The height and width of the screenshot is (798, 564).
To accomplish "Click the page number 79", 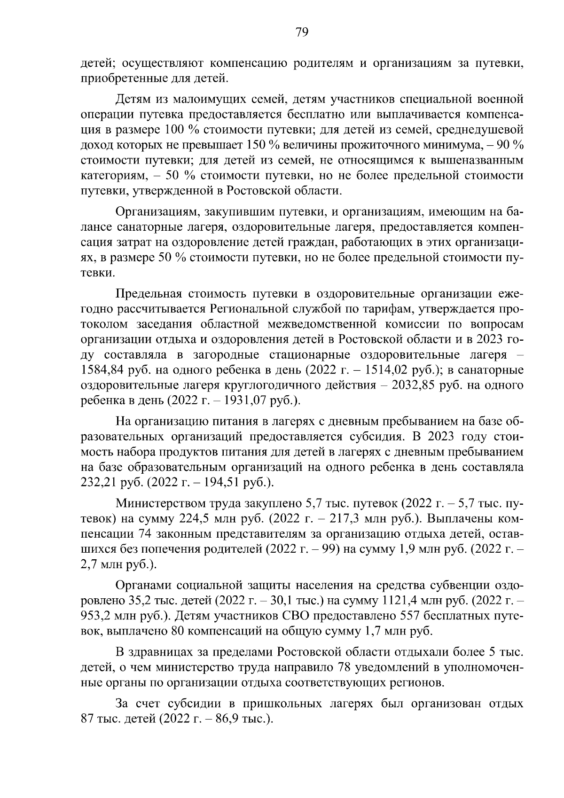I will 301,32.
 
